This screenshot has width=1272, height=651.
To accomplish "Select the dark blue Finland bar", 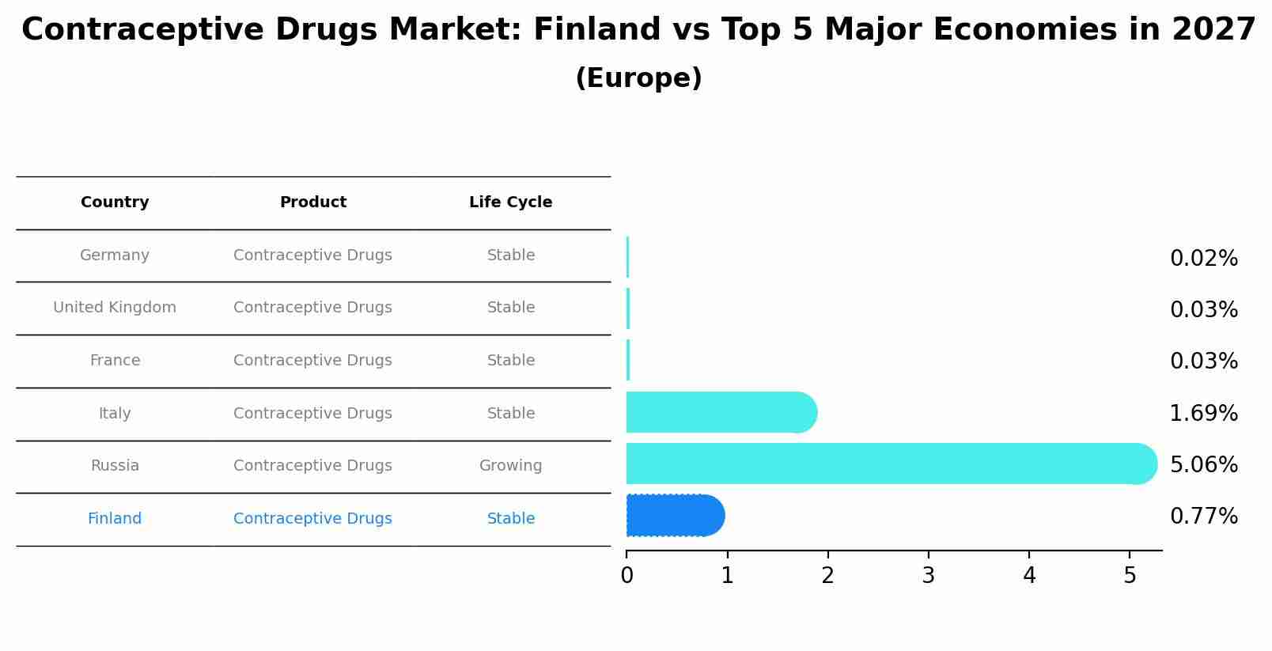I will point(675,516).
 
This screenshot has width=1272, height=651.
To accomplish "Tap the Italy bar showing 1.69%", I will point(720,412).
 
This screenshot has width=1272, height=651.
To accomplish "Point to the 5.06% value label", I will point(1203,464).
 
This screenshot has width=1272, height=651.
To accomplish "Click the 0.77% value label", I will point(1203,517).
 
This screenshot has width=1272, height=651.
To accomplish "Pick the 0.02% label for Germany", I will point(1203,259).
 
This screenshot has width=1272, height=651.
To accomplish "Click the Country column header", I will point(115,202).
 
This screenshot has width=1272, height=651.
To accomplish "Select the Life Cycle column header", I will point(510,202).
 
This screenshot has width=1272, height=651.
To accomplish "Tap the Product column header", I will point(313,202).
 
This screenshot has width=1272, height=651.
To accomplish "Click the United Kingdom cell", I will point(115,308).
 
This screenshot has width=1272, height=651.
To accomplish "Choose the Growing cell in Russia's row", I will point(510,466).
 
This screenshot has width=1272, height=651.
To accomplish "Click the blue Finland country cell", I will point(115,519).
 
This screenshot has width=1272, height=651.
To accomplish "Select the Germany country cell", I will point(115,255).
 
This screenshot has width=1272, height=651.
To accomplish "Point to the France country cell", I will point(115,361).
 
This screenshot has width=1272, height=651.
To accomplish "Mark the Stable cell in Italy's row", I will point(510,414).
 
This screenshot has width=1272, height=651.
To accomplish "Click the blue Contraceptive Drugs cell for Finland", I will point(312,519).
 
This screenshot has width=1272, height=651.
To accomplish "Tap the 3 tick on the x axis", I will point(928,576).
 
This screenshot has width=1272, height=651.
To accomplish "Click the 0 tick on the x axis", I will point(627,576).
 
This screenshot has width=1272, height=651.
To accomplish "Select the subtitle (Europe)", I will point(638,78).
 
